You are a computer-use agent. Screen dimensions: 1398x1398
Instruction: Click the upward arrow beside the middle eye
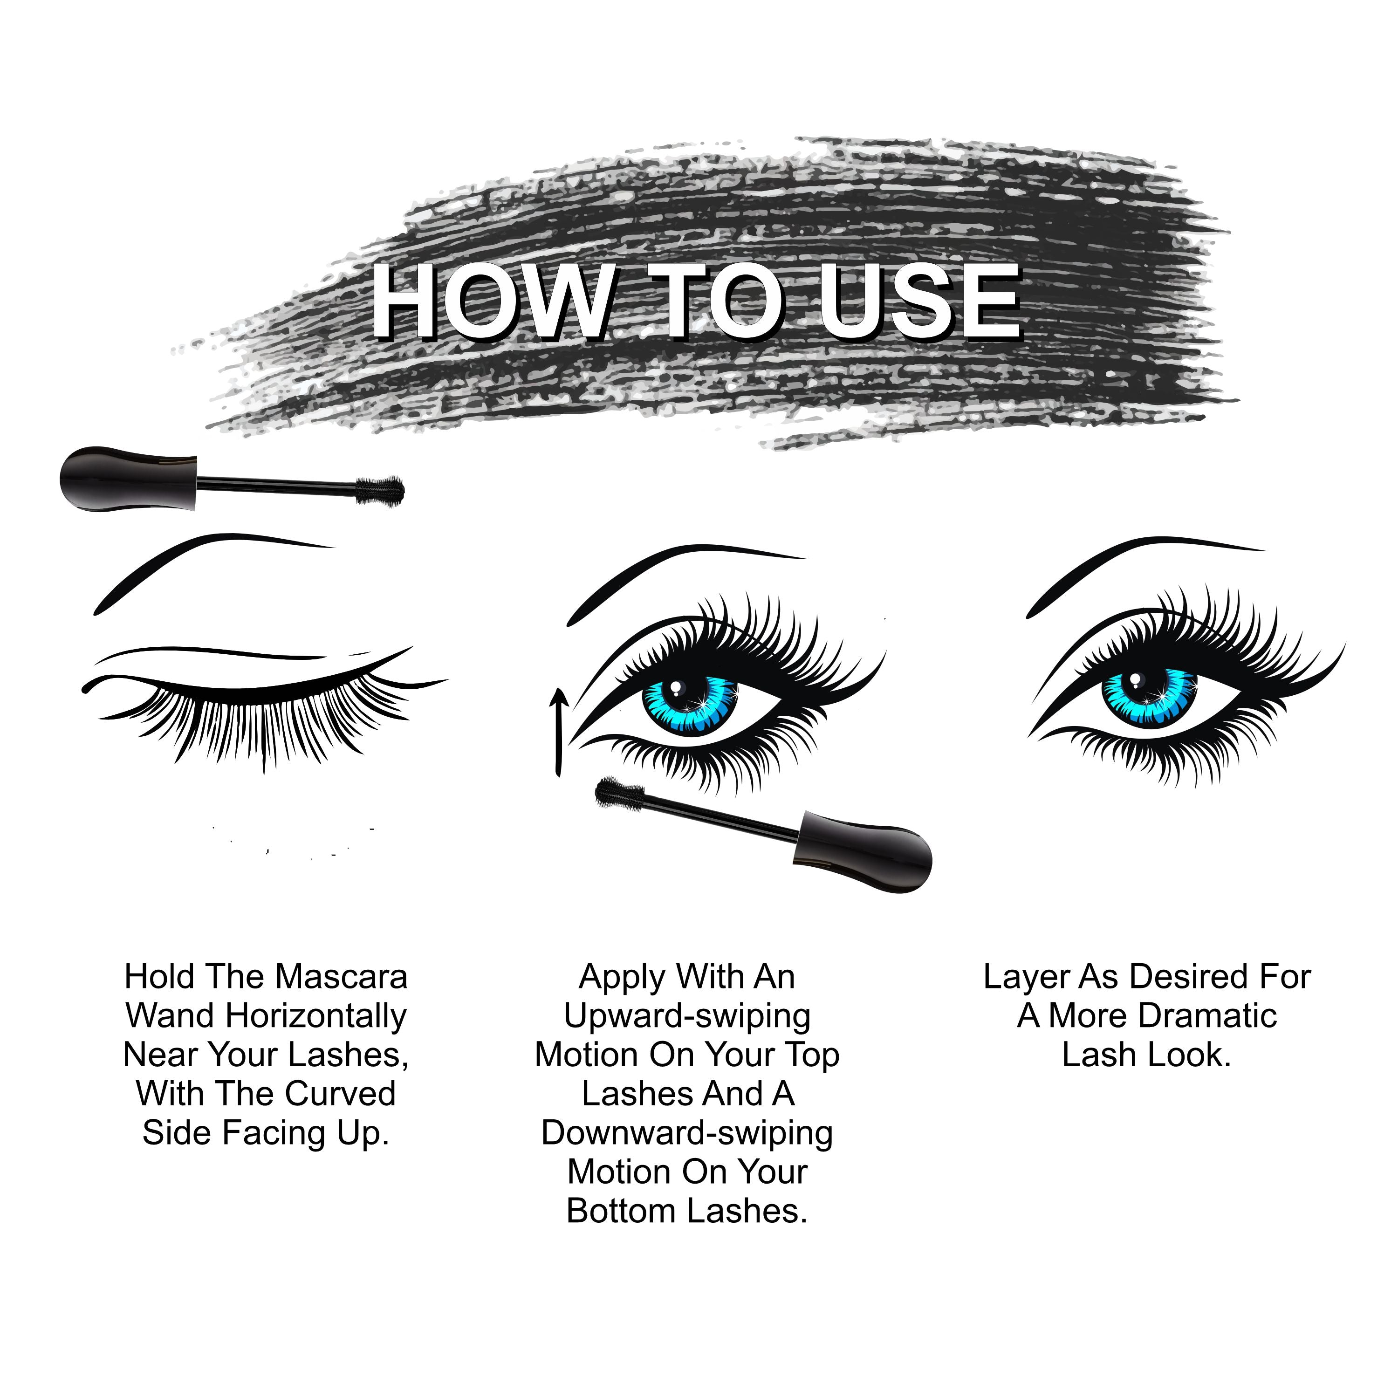coord(557,731)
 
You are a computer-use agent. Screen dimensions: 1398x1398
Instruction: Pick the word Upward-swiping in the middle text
coord(687,1016)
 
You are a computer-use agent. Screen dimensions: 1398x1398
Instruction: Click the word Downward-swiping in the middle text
coord(687,1133)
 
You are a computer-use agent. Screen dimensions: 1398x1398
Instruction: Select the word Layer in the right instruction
coord(1026,977)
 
